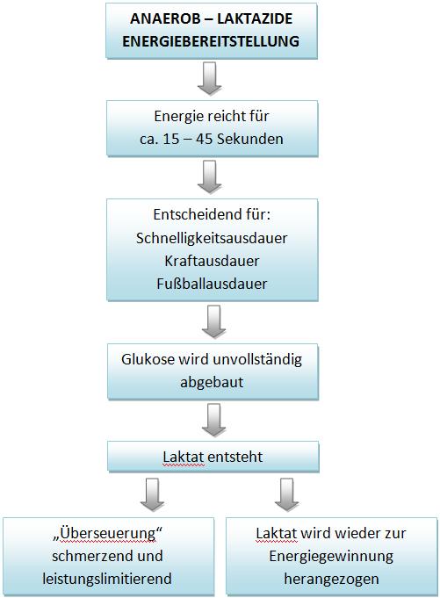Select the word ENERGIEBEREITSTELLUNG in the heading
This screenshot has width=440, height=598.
211,41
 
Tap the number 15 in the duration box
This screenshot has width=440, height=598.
170,139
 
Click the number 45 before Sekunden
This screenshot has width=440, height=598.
204,139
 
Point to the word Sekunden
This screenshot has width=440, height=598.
250,139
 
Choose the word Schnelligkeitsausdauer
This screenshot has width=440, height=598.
212,238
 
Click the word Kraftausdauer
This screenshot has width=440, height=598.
212,261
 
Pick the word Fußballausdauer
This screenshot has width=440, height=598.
212,284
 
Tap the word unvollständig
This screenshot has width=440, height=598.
257,360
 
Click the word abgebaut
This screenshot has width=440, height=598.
212,382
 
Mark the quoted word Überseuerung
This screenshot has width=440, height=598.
107,534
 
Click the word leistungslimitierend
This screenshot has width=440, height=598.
107,579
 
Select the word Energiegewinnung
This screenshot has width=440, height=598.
331,556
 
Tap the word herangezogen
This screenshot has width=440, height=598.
331,579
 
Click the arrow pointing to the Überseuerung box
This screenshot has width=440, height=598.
153,494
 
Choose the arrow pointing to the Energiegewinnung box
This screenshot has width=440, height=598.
286,494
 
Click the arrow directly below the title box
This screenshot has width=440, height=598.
209,78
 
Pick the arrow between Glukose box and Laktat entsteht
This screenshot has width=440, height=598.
213,421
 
